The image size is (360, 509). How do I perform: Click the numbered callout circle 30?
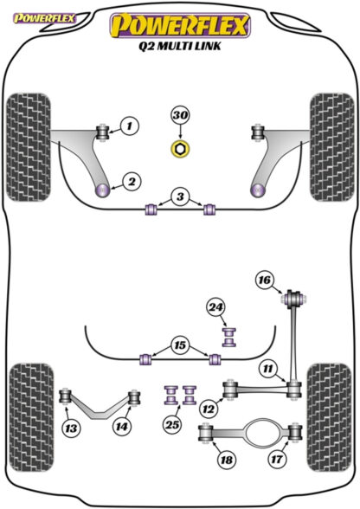(181, 116)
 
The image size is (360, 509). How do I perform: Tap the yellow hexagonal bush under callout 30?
(180, 148)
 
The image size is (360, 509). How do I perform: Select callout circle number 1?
(130, 126)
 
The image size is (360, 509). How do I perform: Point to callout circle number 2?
(132, 182)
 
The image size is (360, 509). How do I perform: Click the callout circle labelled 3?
(180, 197)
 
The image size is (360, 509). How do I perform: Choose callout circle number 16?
(265, 280)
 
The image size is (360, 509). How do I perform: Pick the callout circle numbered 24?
(216, 307)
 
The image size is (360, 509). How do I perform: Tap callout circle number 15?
(180, 345)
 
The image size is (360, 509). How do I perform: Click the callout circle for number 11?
(267, 369)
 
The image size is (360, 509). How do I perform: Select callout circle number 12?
(209, 409)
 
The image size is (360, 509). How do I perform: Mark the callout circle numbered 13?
(71, 428)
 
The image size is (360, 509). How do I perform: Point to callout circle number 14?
(122, 426)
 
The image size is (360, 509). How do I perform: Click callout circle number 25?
(172, 424)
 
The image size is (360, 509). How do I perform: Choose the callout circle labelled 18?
(227, 460)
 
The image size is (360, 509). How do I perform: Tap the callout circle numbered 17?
(277, 459)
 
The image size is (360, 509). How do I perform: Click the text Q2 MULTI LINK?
(180, 46)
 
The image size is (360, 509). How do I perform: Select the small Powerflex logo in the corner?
(44, 18)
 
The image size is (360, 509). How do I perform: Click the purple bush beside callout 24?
(229, 338)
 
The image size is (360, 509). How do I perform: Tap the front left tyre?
(29, 147)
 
